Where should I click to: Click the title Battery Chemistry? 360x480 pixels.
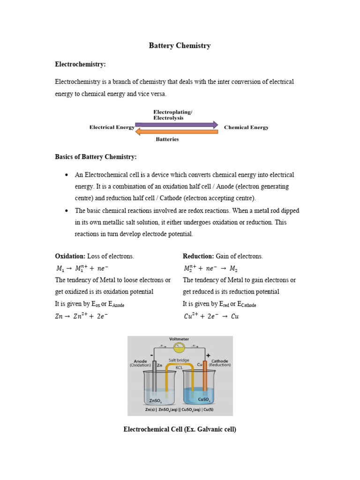click(180, 45)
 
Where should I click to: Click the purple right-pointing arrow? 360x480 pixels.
click(177, 125)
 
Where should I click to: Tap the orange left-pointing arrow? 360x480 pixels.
click(177, 132)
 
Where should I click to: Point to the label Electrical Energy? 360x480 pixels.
click(112, 127)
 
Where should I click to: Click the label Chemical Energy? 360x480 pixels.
click(246, 127)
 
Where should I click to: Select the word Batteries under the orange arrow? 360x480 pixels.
click(167, 139)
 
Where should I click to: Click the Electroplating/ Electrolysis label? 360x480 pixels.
click(172, 115)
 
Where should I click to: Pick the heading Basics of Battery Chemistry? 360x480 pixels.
click(96, 157)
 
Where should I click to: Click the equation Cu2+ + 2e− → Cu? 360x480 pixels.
click(211, 316)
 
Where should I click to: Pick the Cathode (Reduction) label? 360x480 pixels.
click(219, 363)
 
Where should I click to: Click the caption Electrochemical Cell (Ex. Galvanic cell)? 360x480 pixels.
click(180, 429)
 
